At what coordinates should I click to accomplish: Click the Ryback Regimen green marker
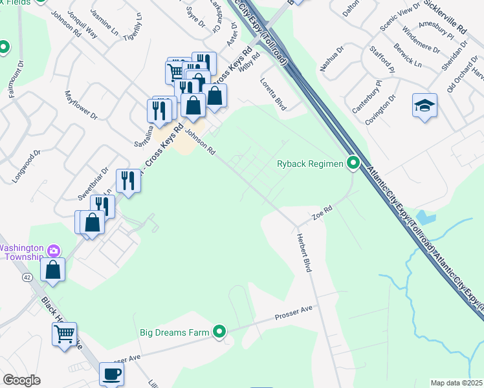pyautogui.click(x=353, y=163)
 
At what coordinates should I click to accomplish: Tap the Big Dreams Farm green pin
pyautogui.click(x=220, y=332)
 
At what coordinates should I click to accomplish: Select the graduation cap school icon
pyautogui.click(x=424, y=106)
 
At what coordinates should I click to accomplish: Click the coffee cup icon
pyautogui.click(x=111, y=374)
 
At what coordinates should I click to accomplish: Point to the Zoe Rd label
pyautogui.click(x=322, y=211)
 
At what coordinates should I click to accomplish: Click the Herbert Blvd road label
pyautogui.click(x=304, y=252)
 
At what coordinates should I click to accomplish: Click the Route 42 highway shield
pyautogui.click(x=27, y=277)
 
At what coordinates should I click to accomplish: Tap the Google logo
pyautogui.click(x=21, y=380)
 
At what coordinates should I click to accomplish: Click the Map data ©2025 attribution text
pyautogui.click(x=456, y=383)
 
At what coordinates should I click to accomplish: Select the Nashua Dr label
pyautogui.click(x=332, y=56)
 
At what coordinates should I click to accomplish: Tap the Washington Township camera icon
pyautogui.click(x=54, y=250)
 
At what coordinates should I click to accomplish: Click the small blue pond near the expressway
pyautogui.click(x=425, y=217)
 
